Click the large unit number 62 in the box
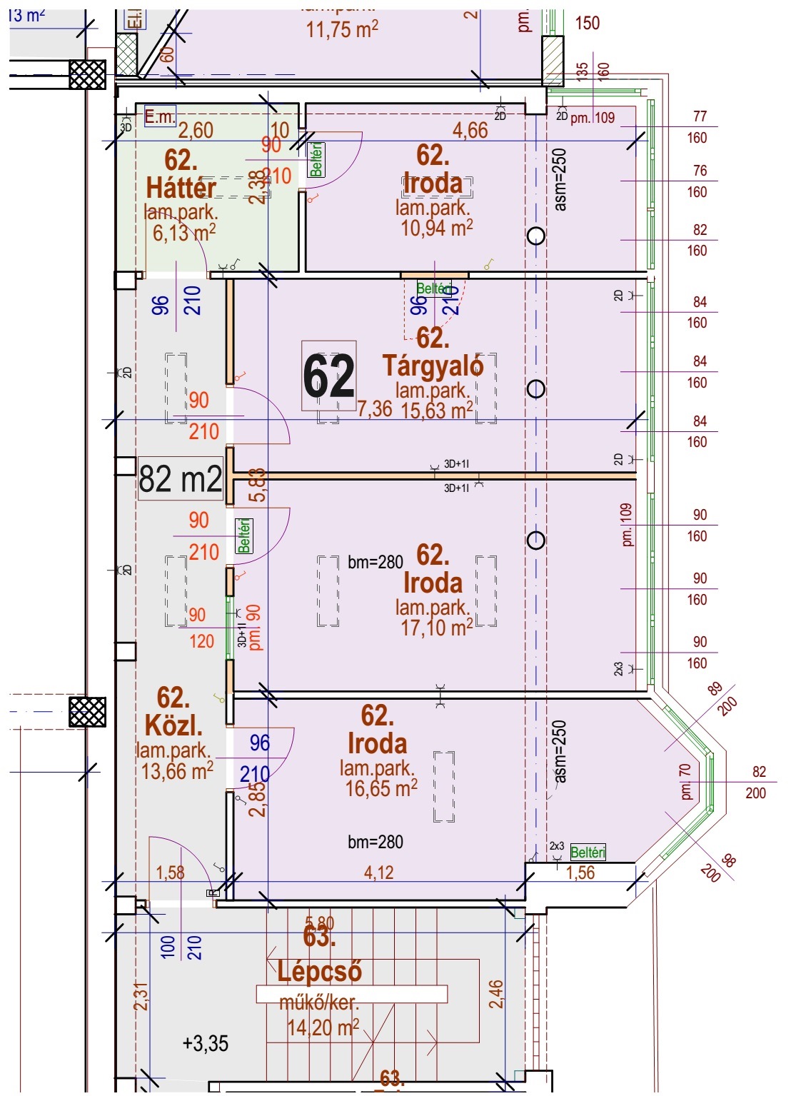coord(328,377)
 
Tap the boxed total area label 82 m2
coord(180,478)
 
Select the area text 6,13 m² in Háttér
coord(183,232)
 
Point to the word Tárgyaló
coord(433,366)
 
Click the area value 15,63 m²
coord(436,411)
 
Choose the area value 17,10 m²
coord(436,628)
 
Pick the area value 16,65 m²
coord(381,788)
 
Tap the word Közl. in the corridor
coord(173,725)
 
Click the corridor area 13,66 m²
coord(177,771)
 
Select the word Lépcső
coord(319,971)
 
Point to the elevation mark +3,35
coord(206,1044)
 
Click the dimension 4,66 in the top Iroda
coord(470,130)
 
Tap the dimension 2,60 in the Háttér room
coord(196,130)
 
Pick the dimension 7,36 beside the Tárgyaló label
coord(375,408)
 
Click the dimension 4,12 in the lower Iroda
coord(378,873)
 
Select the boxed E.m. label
coord(159,116)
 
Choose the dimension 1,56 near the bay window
coord(580,873)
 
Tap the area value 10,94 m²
coord(436,228)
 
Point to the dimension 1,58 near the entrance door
coord(170,873)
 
